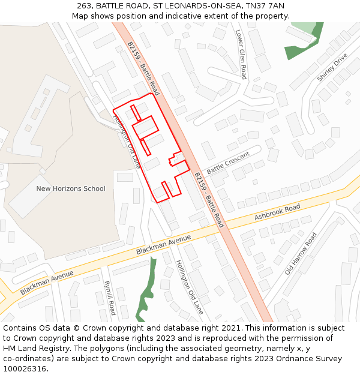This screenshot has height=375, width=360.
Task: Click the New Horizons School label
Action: (x=71, y=188)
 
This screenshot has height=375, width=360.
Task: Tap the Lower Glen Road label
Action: (x=241, y=55)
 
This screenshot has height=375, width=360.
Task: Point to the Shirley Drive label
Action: (x=332, y=68)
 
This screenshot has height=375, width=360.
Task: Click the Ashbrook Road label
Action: (x=277, y=212)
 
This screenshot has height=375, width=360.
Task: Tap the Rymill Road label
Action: (x=109, y=298)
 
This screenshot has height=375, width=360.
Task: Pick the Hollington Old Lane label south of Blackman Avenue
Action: (x=190, y=287)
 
